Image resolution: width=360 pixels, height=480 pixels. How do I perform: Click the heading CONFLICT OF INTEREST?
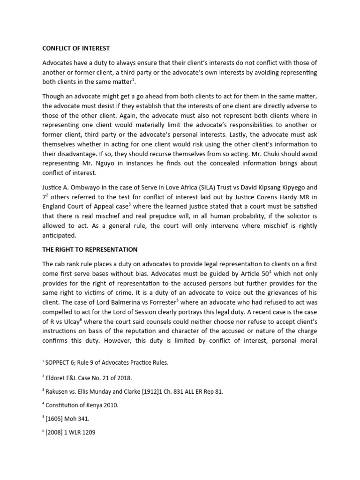pyautogui.click(x=76, y=48)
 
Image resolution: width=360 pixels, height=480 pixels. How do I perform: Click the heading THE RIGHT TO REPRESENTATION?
pyautogui.click(x=90, y=249)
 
